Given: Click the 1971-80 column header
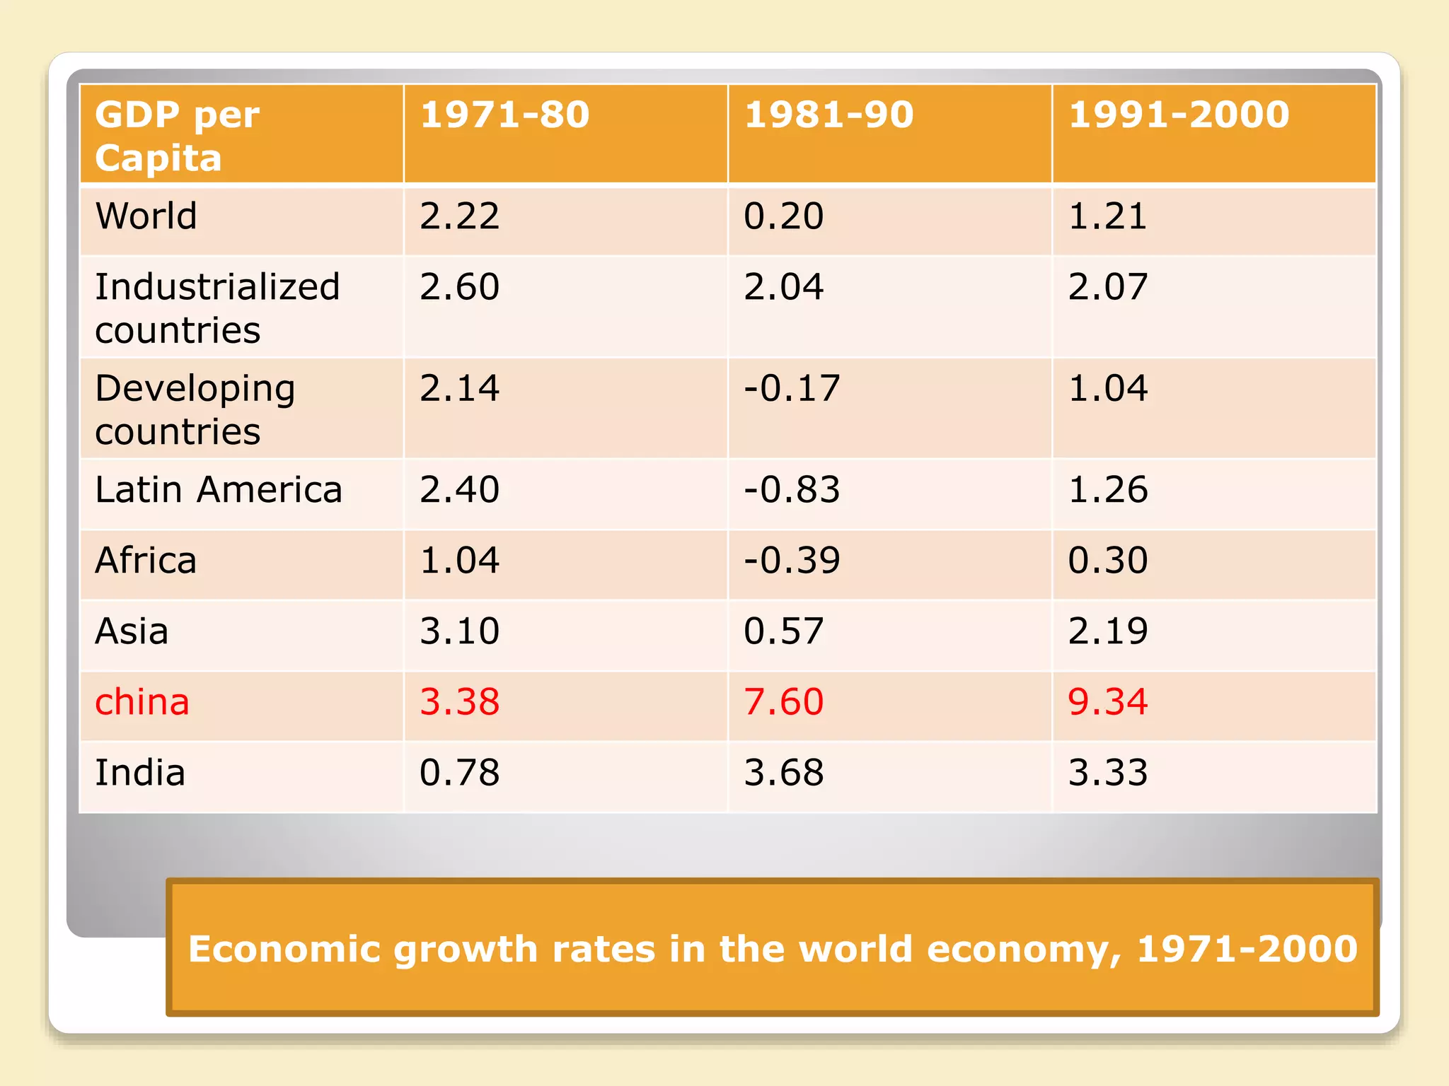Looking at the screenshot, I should point(504,115).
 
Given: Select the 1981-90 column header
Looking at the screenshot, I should point(829,115).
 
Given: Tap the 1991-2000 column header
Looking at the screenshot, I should point(1179,115).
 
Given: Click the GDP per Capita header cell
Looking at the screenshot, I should point(177,136).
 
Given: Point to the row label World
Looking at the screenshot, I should point(146,216).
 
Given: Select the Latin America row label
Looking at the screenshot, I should point(219,489).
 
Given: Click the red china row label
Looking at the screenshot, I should point(142,702).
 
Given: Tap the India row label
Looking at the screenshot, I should point(140,772).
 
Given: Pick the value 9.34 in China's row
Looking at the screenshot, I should point(1107,702).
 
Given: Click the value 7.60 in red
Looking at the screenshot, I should point(783,702).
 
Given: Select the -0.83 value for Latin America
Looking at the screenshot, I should point(792,489).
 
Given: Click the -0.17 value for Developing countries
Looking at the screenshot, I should point(792,388).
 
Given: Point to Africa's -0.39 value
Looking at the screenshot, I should point(792,560).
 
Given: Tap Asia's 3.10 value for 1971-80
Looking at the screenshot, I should point(459,631).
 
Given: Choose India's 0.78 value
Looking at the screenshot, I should point(459,772).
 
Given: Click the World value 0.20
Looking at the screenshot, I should point(783,216).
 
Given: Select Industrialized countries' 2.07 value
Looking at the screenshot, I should point(1107,287).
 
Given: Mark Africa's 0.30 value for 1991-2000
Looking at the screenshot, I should point(1107,560).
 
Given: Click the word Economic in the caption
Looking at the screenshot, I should point(284,949).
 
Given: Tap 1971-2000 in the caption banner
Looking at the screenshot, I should point(1247,949).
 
